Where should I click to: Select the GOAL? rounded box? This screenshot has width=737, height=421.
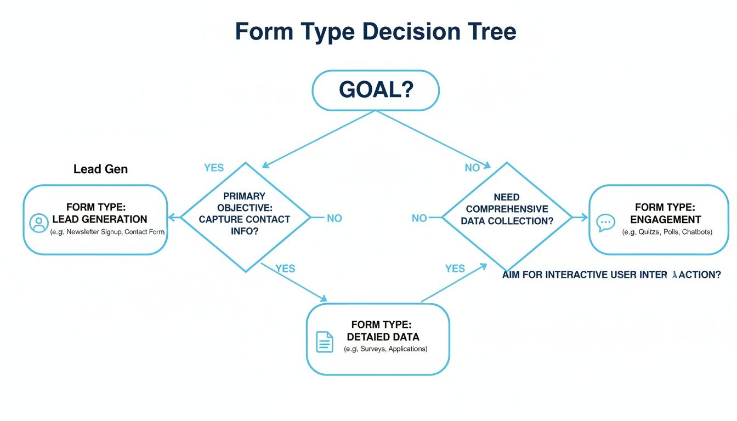click(x=375, y=90)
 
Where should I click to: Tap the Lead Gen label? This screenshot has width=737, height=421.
click(x=100, y=169)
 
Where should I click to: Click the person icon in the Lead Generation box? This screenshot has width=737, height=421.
click(x=38, y=223)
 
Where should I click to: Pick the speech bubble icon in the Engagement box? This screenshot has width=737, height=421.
click(x=605, y=222)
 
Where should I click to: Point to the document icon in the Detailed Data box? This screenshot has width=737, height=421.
click(x=325, y=342)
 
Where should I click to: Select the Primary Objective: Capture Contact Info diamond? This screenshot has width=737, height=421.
click(x=245, y=217)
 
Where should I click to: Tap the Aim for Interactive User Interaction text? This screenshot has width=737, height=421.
click(x=611, y=275)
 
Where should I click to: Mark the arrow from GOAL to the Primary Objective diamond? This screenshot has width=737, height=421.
click(x=318, y=139)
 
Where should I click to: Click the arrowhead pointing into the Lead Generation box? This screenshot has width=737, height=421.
click(x=171, y=218)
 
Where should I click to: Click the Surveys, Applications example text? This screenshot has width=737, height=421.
click(x=385, y=349)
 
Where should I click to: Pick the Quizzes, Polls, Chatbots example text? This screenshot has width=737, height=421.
click(x=667, y=232)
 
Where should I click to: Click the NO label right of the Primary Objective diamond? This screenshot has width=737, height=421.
click(x=334, y=218)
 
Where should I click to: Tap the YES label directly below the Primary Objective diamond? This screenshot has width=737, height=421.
click(x=285, y=269)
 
